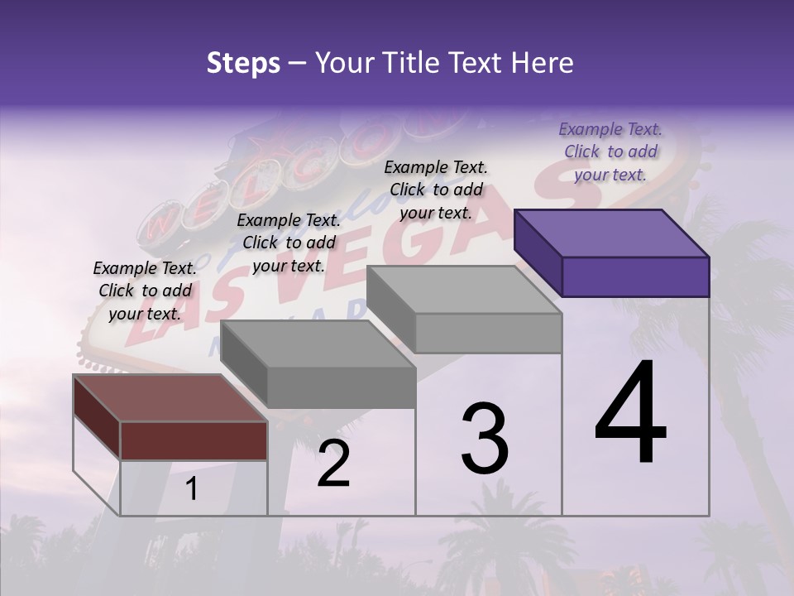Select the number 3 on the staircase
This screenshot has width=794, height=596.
click(x=485, y=439)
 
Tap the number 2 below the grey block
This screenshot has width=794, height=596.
click(x=333, y=464)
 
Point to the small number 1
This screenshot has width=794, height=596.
click(x=191, y=489)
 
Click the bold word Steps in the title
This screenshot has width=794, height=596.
click(x=243, y=63)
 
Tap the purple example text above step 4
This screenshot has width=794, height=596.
click(x=610, y=151)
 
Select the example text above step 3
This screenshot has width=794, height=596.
click(x=436, y=190)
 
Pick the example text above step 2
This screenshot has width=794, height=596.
click(x=289, y=243)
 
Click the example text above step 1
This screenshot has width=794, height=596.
click(x=145, y=291)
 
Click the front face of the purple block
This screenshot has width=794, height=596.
click(x=635, y=276)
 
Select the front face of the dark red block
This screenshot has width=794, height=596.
click(x=194, y=440)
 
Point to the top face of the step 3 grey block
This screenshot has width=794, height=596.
click(x=464, y=290)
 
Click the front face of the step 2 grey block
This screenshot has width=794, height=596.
click(x=341, y=387)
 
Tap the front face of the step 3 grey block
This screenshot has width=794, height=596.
click(x=488, y=333)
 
